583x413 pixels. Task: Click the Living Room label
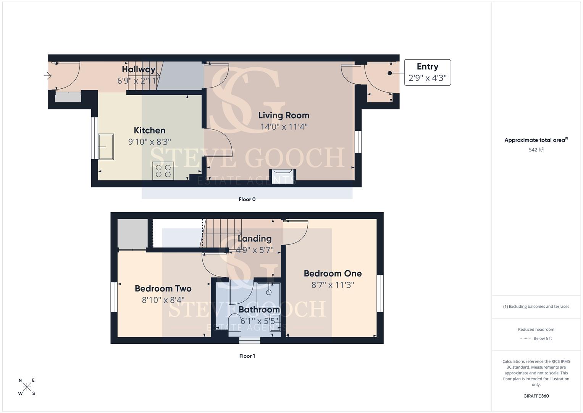284,115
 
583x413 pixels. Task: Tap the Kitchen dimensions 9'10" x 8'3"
149,142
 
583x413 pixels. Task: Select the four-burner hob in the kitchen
163,171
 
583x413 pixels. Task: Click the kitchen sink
106,147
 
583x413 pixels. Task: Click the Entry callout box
427,73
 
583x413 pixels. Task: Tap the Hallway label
139,69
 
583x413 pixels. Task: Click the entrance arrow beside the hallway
47,76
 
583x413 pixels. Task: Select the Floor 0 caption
247,199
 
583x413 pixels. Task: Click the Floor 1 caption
247,356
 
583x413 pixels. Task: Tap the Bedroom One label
333,273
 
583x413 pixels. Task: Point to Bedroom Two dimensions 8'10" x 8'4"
163,300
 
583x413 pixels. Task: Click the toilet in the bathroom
234,325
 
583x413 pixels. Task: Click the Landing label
255,239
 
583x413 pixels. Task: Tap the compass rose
27,387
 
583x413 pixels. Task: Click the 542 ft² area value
536,150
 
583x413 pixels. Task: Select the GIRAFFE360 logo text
536,396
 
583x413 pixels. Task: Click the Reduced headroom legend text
536,329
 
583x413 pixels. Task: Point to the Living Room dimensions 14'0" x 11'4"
284,127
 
